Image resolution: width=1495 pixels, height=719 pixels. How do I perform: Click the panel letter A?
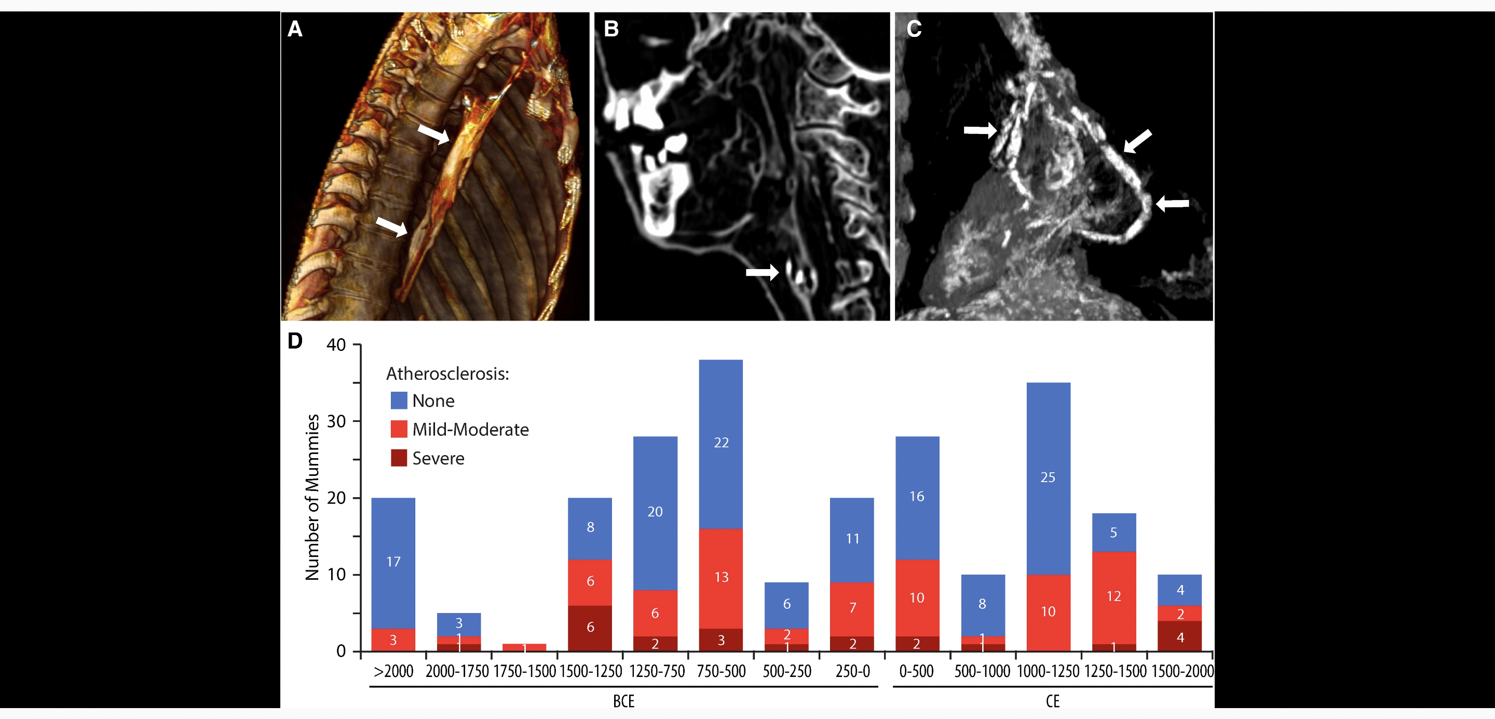(295, 29)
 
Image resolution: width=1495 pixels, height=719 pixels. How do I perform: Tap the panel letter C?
(914, 29)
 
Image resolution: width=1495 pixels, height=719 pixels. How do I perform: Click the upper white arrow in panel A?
(433, 134)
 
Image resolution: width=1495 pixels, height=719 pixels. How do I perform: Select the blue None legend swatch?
(399, 401)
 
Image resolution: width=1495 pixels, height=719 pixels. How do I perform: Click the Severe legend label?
(438, 458)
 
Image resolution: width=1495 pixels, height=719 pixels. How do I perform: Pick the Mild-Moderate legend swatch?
(399, 429)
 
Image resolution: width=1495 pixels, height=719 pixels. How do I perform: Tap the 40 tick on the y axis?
(336, 345)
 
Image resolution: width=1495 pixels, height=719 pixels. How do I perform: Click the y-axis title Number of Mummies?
(312, 497)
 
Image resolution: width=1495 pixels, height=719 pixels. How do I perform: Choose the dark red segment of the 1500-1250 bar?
(590, 628)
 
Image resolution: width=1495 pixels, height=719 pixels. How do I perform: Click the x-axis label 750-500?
(721, 671)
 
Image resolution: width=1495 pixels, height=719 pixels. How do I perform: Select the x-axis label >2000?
(393, 671)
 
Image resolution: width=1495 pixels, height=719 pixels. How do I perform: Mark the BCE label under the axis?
(624, 701)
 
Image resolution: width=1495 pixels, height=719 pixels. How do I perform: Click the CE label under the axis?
(1052, 701)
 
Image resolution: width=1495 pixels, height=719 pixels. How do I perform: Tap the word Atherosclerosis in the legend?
(447, 374)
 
